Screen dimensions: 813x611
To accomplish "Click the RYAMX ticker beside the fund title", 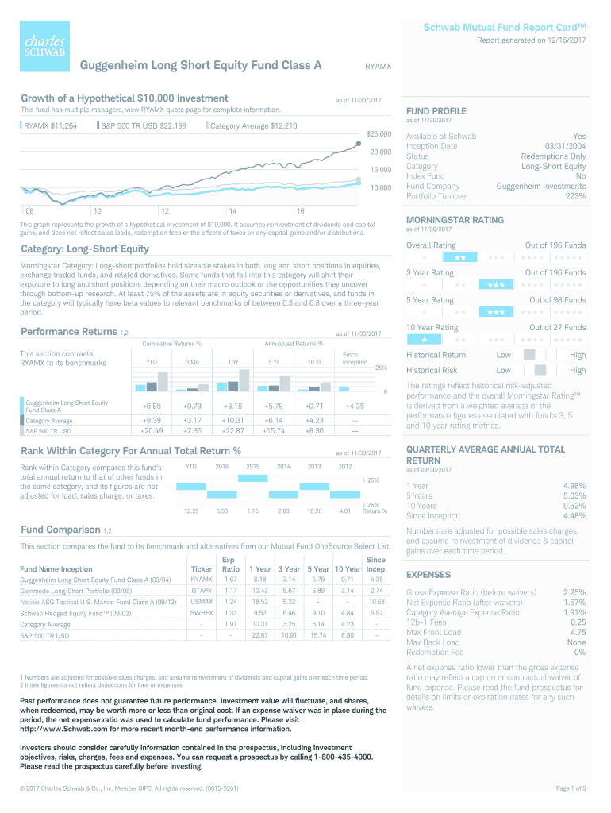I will (x=377, y=67).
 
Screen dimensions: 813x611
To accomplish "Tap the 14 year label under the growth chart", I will (x=232, y=211).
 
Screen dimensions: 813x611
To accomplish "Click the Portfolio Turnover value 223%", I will (x=575, y=196).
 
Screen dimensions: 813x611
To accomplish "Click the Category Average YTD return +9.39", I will (x=151, y=420).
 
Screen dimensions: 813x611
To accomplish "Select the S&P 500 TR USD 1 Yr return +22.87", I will (x=233, y=431).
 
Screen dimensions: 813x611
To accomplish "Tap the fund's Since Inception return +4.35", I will (x=355, y=406).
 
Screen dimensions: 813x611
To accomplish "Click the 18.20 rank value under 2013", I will (x=313, y=511).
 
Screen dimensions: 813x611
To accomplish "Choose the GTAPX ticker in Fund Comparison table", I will (x=202, y=591).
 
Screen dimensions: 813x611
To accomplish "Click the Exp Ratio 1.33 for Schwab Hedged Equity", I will (x=231, y=613).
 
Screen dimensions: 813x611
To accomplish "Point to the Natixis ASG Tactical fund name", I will (x=94, y=602).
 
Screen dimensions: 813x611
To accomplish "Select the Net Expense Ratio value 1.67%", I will (x=574, y=603).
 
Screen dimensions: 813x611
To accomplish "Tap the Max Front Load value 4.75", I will (x=578, y=632).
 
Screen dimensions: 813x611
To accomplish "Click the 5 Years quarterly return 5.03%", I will (x=574, y=495).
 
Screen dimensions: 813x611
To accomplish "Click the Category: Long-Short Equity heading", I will (x=85, y=249).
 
